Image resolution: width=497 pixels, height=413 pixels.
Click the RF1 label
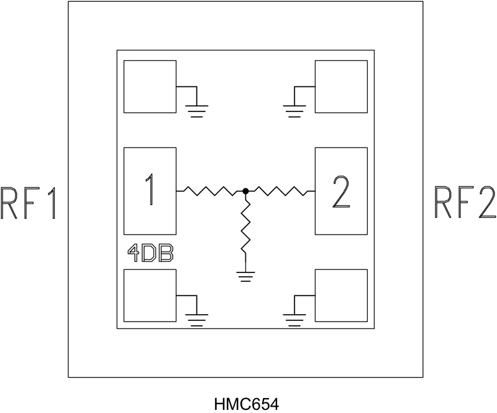coord(29,203)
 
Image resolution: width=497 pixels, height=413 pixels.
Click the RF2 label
coord(465,203)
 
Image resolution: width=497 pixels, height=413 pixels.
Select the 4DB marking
coord(150,254)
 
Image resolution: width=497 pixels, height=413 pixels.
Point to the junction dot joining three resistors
coord(246,191)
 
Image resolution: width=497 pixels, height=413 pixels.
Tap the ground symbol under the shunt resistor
coord(246,276)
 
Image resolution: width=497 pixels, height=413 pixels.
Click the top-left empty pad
coord(150,86)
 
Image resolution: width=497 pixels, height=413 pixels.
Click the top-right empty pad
coord(341,86)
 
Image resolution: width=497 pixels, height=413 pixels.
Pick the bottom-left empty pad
coord(150,295)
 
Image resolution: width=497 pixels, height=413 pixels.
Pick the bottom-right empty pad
coord(341,295)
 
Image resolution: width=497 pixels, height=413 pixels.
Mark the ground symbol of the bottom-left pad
coord(198,320)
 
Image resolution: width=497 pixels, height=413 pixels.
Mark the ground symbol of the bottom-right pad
coord(294,320)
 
